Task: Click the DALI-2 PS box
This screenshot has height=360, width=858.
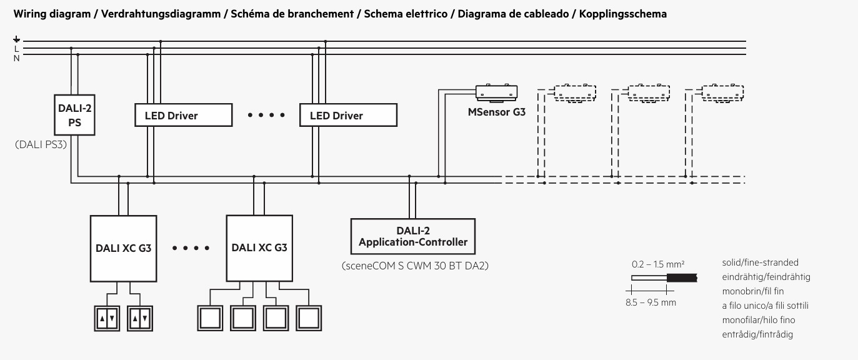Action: [75, 115]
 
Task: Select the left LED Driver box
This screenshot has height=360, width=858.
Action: [184, 115]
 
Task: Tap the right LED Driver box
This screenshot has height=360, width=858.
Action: [348, 115]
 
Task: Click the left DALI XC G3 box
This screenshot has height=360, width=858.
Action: [123, 249]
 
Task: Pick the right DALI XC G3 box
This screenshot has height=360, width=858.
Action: [259, 248]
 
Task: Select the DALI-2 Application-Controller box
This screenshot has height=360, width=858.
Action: [413, 236]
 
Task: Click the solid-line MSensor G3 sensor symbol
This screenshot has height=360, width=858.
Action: [496, 93]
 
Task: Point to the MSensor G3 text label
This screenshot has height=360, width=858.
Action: [496, 112]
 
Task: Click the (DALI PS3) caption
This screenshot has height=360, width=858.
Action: [41, 144]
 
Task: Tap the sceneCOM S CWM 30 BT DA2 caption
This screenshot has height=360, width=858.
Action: [415, 266]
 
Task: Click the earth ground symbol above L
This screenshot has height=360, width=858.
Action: [16, 39]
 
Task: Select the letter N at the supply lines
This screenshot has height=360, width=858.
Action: [16, 58]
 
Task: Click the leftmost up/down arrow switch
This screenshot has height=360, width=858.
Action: [107, 318]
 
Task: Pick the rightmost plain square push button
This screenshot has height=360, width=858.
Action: [309, 318]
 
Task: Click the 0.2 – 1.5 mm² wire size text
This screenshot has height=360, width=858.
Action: [658, 264]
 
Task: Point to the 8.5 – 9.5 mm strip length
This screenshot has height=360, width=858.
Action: [651, 302]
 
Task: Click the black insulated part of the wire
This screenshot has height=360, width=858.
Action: [682, 277]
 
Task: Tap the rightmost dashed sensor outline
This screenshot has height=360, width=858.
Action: [722, 94]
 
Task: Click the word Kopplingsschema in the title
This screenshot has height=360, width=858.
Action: [623, 14]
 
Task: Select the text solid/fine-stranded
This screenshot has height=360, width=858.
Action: [760, 262]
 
